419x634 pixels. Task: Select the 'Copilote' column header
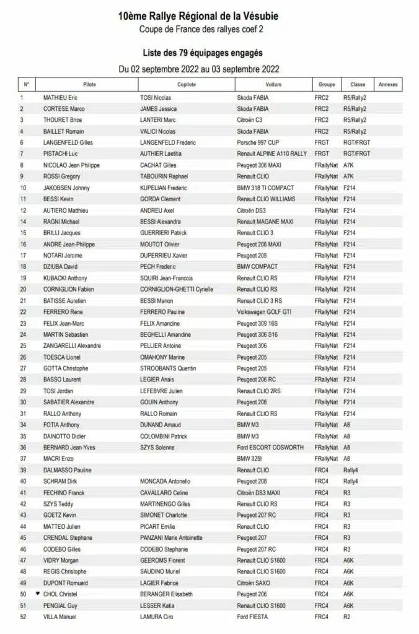pos(187,84)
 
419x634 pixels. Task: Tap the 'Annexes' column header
pos(387,84)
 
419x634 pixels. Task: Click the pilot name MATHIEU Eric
pos(60,98)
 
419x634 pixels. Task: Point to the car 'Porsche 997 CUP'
pos(258,143)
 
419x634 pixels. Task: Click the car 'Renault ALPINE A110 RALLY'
pos(271,154)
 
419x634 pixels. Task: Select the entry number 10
pos(23,188)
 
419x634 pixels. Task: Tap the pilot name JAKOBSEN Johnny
pos(66,188)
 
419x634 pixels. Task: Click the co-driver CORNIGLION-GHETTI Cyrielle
pos(177,289)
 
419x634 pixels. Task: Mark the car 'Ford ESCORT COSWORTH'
pos(270,448)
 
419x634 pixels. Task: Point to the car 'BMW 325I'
pos(250,459)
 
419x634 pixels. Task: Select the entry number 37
pos(23,459)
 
